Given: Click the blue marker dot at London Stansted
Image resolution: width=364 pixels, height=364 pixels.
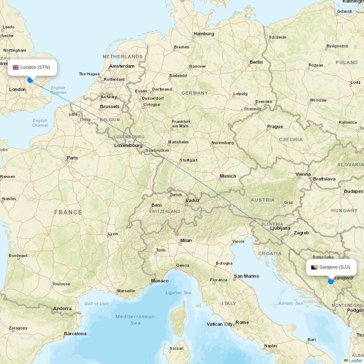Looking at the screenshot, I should click(x=30, y=80).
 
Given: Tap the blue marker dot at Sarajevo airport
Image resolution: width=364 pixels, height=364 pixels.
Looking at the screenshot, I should click(x=331, y=281).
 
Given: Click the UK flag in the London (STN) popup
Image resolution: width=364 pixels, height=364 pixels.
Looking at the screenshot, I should click(x=16, y=67).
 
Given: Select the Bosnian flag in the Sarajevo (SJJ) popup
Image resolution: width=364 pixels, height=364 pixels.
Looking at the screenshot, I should click(x=314, y=267).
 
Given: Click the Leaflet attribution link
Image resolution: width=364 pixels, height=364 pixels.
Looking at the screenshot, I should click(x=355, y=360).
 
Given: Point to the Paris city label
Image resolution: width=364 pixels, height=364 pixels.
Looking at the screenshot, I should click(x=72, y=158).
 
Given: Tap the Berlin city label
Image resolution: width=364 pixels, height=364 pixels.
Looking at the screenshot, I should click(x=256, y=62).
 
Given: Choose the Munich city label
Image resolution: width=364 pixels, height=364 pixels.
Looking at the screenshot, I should click(x=228, y=176).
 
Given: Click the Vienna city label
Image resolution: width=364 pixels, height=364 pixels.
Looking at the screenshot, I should click(x=303, y=174).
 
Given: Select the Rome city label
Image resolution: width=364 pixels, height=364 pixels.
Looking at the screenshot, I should click(x=242, y=322).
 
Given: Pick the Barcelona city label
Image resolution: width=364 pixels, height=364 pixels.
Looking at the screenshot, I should click(x=75, y=333).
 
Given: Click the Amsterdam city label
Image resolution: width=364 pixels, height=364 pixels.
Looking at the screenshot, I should click(x=122, y=66).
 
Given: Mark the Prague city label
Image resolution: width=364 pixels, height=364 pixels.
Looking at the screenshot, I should click(x=275, y=127).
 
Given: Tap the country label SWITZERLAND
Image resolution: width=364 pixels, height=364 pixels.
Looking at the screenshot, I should click(x=165, y=211).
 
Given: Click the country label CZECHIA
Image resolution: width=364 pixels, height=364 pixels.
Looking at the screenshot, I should click(x=290, y=139).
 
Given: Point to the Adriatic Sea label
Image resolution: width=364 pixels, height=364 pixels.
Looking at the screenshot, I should click(x=290, y=303).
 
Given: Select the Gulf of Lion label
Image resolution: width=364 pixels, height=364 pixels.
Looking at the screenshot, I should click(x=96, y=304).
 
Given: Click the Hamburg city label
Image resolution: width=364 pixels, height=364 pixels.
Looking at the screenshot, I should click(x=204, y=34).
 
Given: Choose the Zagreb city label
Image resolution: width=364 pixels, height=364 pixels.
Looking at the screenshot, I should click(x=301, y=233).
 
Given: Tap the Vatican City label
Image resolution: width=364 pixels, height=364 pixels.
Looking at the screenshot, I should click(x=219, y=324).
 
